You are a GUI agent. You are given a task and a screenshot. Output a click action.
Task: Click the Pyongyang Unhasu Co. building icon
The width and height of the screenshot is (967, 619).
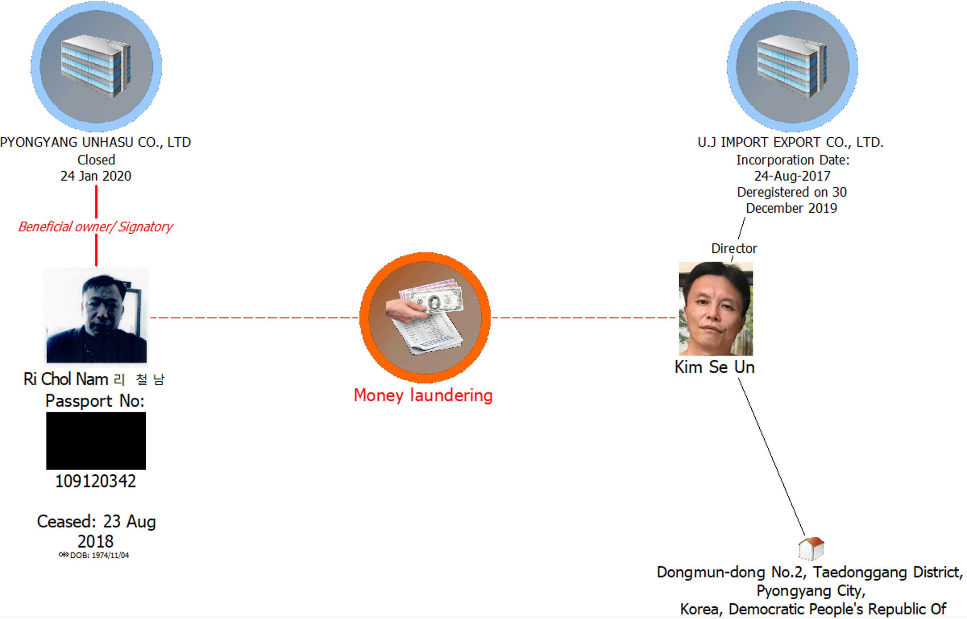pyautogui.click(x=96, y=66)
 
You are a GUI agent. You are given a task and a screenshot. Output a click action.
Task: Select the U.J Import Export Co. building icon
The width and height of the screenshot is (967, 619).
pyautogui.click(x=792, y=66)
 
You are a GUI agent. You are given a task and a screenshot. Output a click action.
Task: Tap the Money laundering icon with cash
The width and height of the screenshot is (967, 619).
pyautogui.click(x=425, y=317)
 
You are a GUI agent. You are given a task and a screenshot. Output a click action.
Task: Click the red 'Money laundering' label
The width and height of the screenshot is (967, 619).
pyautogui.click(x=423, y=395)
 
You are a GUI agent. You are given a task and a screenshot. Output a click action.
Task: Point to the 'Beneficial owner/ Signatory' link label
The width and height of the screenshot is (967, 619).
pyautogui.click(x=96, y=227)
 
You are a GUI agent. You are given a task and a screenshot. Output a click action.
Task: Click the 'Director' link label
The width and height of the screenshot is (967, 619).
pyautogui.click(x=734, y=248)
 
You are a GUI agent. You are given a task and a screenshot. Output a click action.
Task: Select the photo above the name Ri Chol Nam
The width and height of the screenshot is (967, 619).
pyautogui.click(x=96, y=317)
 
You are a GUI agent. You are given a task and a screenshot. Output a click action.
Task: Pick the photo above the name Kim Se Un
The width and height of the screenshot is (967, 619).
pyautogui.click(x=716, y=309)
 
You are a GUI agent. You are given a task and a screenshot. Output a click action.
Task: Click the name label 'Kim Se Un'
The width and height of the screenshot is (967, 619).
pyautogui.click(x=714, y=367)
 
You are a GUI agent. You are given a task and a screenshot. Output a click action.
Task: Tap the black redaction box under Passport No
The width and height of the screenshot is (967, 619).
pyautogui.click(x=96, y=441)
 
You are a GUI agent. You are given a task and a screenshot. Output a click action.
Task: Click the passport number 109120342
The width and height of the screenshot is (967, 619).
pyautogui.click(x=96, y=481)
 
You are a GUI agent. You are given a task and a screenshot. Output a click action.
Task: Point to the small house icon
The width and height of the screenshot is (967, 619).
pyautogui.click(x=811, y=548)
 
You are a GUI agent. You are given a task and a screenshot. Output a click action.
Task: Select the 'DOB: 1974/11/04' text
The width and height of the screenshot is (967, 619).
pyautogui.click(x=99, y=555)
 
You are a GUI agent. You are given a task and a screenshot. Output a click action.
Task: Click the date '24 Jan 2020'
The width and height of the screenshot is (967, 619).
pyautogui.click(x=96, y=176)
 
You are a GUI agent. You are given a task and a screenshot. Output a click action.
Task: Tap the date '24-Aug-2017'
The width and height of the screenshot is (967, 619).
pyautogui.click(x=792, y=176)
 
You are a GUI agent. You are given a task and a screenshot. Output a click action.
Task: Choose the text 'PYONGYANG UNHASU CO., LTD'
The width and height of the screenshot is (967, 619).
pyautogui.click(x=96, y=142)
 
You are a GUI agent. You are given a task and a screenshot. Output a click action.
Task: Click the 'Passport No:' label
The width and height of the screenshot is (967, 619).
pyautogui.click(x=95, y=401)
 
